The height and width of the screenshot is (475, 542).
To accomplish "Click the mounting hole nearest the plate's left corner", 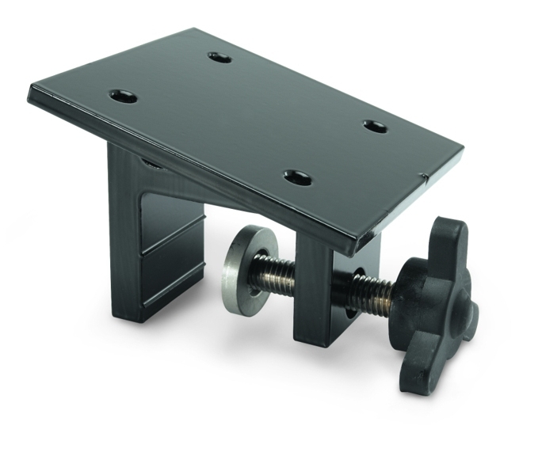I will pyautogui.click(x=123, y=97).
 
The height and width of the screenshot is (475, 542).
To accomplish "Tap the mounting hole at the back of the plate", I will pyautogui.click(x=219, y=58).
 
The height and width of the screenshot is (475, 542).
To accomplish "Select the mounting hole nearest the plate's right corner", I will pyautogui.click(x=375, y=126).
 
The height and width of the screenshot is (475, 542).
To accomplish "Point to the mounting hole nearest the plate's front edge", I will pyautogui.click(x=297, y=177).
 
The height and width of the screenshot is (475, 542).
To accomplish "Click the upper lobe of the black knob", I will pyautogui.click(x=449, y=237).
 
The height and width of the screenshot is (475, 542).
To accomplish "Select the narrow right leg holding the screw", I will pyautogui.click(x=317, y=293).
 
